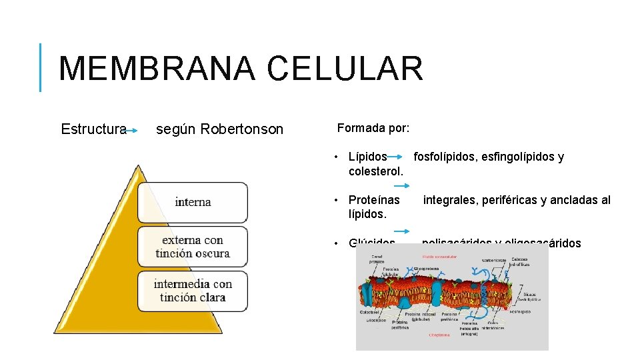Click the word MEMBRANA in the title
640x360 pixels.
click(x=155, y=69)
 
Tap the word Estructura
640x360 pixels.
click(x=93, y=129)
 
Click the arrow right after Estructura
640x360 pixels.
click(x=132, y=131)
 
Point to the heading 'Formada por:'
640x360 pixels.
click(x=373, y=127)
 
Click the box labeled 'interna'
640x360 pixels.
click(x=193, y=202)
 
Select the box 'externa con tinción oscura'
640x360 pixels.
click(x=193, y=246)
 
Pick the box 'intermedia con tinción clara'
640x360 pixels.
click(x=193, y=291)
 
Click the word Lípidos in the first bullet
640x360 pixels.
click(x=367, y=157)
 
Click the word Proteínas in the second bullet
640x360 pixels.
click(x=374, y=200)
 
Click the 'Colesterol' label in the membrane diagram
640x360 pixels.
click(x=370, y=311)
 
